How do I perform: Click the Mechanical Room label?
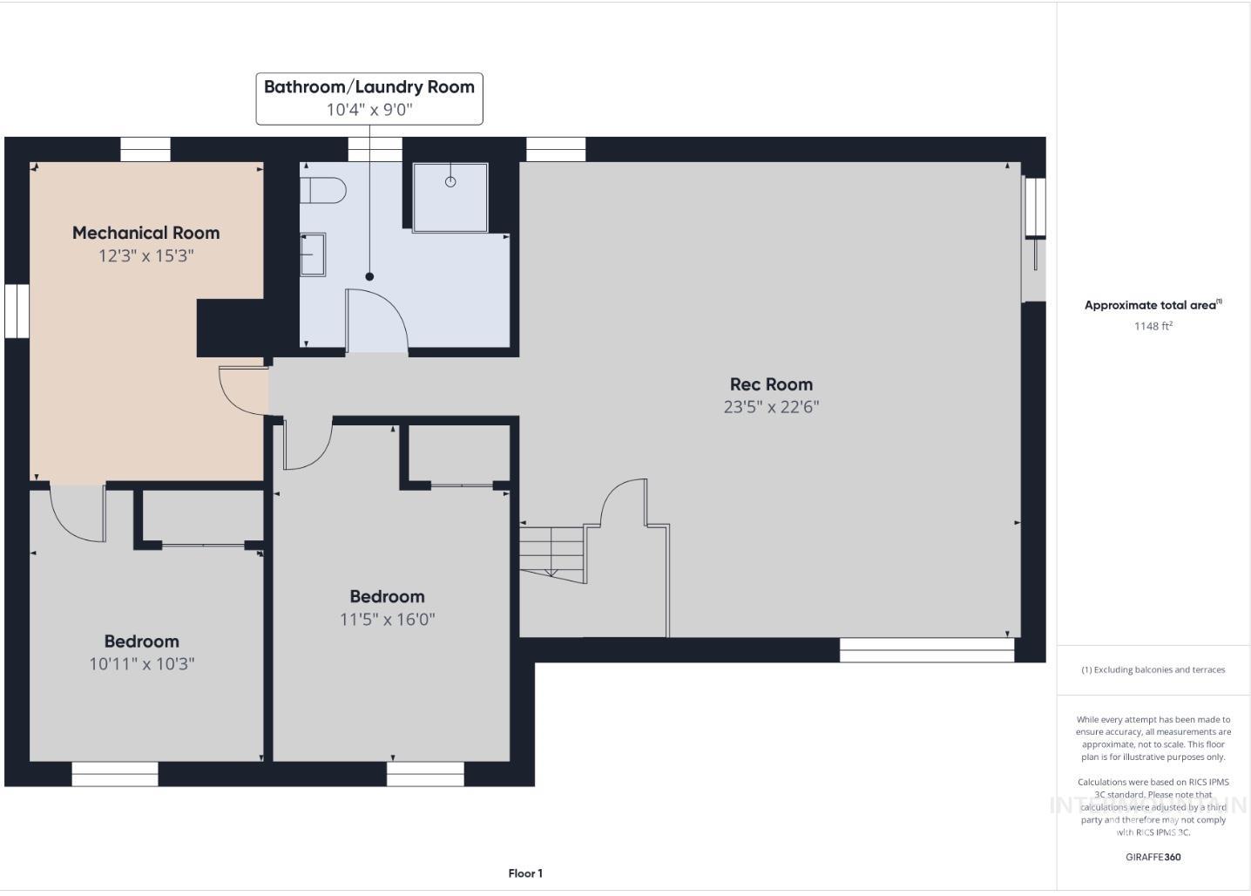(145, 233)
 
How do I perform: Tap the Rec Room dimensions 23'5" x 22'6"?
(771, 407)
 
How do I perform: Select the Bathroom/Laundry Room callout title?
(369, 87)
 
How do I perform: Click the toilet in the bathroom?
(322, 189)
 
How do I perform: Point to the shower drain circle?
(450, 181)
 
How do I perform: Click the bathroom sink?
(312, 255)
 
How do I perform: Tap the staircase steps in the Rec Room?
(551, 549)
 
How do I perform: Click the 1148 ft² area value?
(1153, 326)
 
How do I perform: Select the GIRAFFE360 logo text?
(1153, 857)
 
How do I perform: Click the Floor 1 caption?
(525, 873)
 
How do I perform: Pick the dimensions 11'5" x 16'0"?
(387, 620)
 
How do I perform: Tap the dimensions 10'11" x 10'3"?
(141, 664)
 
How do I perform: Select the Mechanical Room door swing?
(242, 390)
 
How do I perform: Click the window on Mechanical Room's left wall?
(17, 311)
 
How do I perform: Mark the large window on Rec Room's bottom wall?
(926, 650)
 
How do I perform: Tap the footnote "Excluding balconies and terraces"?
(1153, 670)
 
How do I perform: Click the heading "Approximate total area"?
(1150, 305)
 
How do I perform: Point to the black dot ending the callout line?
(369, 276)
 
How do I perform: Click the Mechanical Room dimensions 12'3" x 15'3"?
(145, 256)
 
